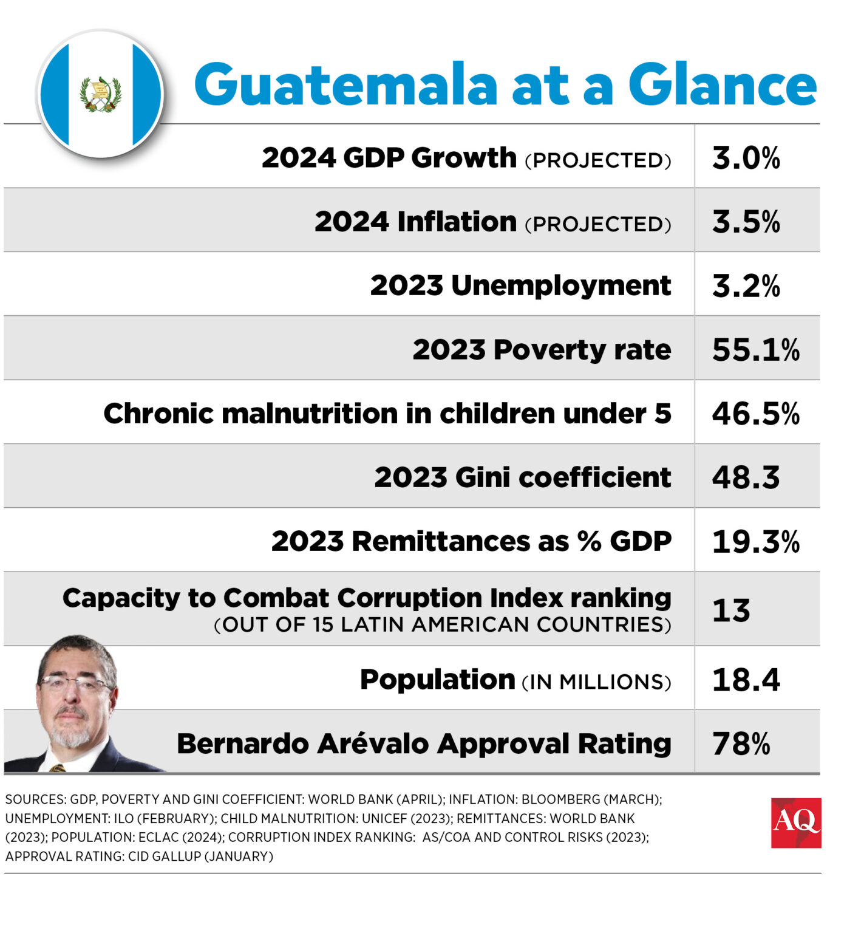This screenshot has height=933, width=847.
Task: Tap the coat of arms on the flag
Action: (101, 95)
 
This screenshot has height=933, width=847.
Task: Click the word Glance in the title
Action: (722, 85)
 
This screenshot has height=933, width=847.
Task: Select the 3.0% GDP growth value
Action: (746, 158)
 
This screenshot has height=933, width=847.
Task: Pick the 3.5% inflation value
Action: (746, 222)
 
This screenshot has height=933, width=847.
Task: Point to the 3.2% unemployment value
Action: (746, 286)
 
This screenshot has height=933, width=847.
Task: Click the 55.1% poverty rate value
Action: (755, 350)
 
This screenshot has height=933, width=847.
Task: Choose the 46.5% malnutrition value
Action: (755, 414)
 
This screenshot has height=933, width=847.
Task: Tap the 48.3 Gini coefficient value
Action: (746, 477)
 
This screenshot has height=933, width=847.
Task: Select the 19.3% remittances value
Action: (755, 541)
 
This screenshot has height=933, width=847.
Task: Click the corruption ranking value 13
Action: (731, 610)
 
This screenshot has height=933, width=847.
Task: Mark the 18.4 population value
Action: (746, 680)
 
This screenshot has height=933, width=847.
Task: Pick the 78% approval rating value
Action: (741, 743)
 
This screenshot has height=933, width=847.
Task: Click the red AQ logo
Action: (795, 822)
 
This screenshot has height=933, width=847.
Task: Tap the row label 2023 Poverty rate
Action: (542, 350)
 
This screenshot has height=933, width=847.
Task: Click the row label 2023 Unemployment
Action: (520, 285)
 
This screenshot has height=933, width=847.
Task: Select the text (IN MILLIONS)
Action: (596, 682)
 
